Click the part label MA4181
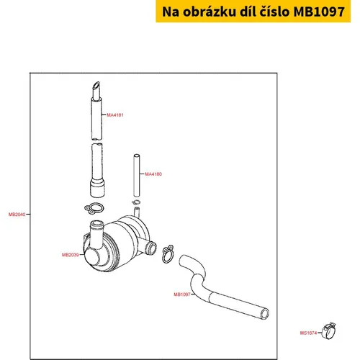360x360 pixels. point(115,115)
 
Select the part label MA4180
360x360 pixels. point(153,174)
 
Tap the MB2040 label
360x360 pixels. point(17,215)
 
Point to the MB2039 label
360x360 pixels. point(71,255)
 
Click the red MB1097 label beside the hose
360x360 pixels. point(182,294)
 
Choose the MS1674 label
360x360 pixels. point(308,333)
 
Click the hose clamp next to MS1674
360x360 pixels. point(329,330)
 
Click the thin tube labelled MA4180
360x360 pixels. point(137,175)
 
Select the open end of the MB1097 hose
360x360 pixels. point(265,314)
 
